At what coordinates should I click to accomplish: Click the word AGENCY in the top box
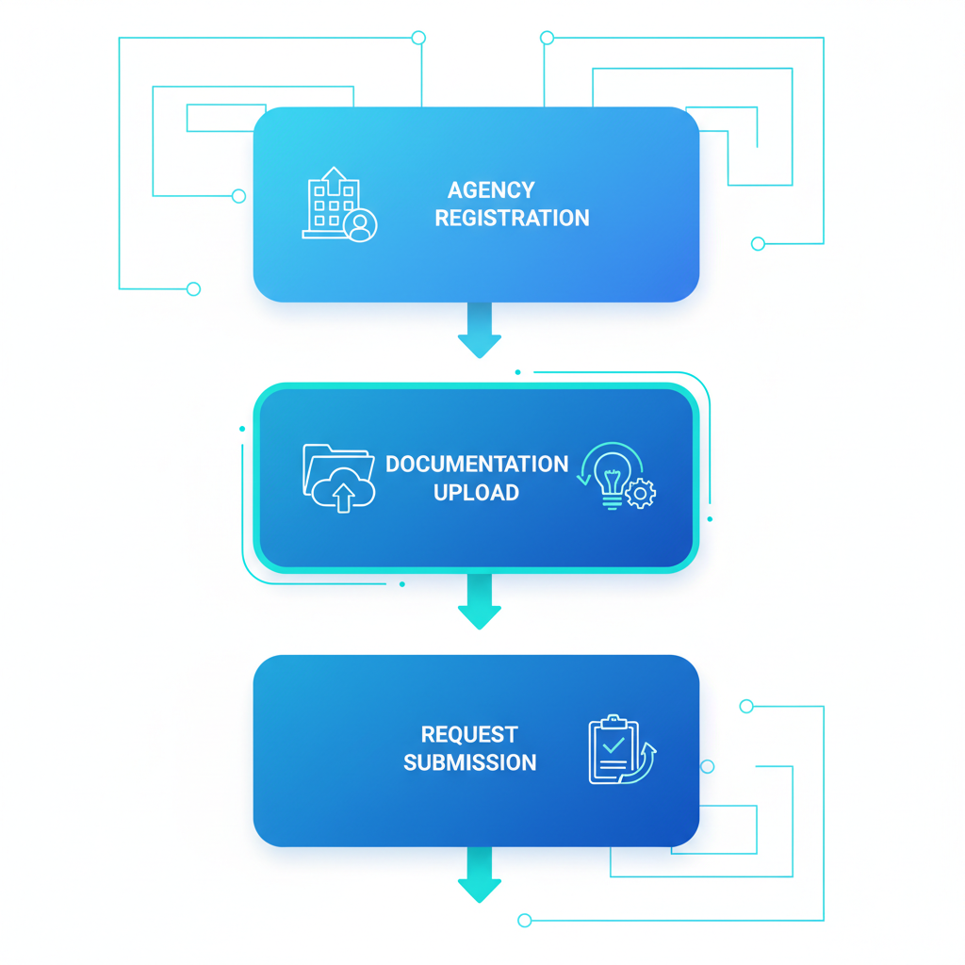tap(491, 190)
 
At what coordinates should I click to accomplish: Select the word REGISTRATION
tap(512, 219)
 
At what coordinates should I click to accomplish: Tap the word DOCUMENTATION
tap(477, 465)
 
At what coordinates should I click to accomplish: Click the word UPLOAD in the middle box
tap(476, 493)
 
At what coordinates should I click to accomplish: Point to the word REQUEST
tap(469, 735)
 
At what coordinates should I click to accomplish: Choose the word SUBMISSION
tap(469, 763)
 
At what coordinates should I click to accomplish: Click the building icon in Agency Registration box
tap(332, 204)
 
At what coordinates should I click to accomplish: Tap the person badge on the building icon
tap(360, 226)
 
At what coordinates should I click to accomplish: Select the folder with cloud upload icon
tap(338, 478)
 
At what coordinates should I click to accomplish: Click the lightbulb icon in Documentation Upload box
tap(612, 473)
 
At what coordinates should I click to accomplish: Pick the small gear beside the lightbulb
tap(641, 493)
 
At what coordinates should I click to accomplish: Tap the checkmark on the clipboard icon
tap(614, 744)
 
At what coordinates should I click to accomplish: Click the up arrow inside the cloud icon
tap(344, 497)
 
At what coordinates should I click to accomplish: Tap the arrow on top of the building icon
tap(333, 175)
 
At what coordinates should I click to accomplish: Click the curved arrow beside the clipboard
tap(645, 761)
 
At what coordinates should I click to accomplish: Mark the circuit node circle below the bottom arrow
tap(525, 921)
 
